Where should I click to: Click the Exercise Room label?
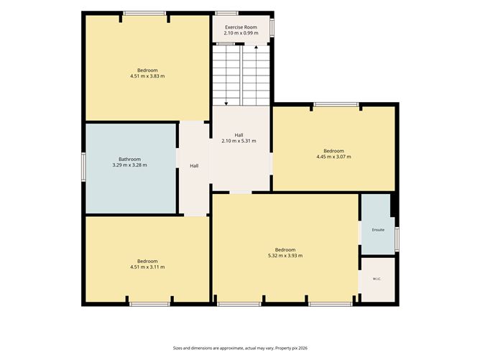[241, 27]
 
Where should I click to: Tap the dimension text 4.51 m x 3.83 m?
[147, 76]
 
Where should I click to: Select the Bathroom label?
[130, 160]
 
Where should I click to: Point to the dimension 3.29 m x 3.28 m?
[130, 165]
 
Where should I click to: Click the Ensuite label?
[378, 230]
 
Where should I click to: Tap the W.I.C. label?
[377, 279]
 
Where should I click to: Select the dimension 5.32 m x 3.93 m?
[285, 256]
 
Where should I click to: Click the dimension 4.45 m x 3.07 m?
[333, 157]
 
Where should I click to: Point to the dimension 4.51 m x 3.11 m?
[147, 267]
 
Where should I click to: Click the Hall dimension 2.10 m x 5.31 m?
[239, 141]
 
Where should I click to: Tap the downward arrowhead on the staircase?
[226, 103]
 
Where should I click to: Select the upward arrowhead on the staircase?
[256, 47]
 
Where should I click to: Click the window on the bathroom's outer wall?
[83, 167]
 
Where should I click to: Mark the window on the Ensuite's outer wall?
[397, 239]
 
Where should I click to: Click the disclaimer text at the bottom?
[240, 348]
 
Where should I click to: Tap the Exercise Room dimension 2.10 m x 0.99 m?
[241, 33]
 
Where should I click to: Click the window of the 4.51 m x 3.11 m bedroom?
[149, 304]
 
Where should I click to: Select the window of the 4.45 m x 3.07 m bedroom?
[336, 104]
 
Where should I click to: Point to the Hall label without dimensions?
[194, 166]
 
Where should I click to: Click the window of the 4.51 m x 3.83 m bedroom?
[144, 13]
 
